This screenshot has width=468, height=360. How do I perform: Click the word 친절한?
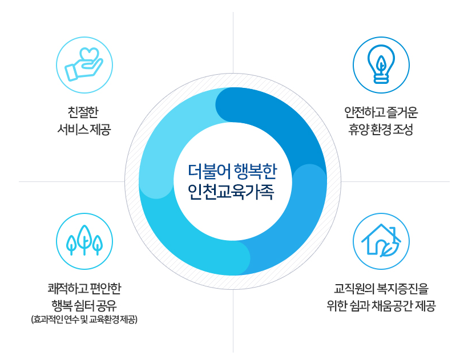click(84, 111)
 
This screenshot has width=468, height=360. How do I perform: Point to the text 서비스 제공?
click(84, 129)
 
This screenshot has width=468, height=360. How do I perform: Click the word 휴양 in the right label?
click(360, 129)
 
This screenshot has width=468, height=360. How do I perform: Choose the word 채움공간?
click(393, 305)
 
